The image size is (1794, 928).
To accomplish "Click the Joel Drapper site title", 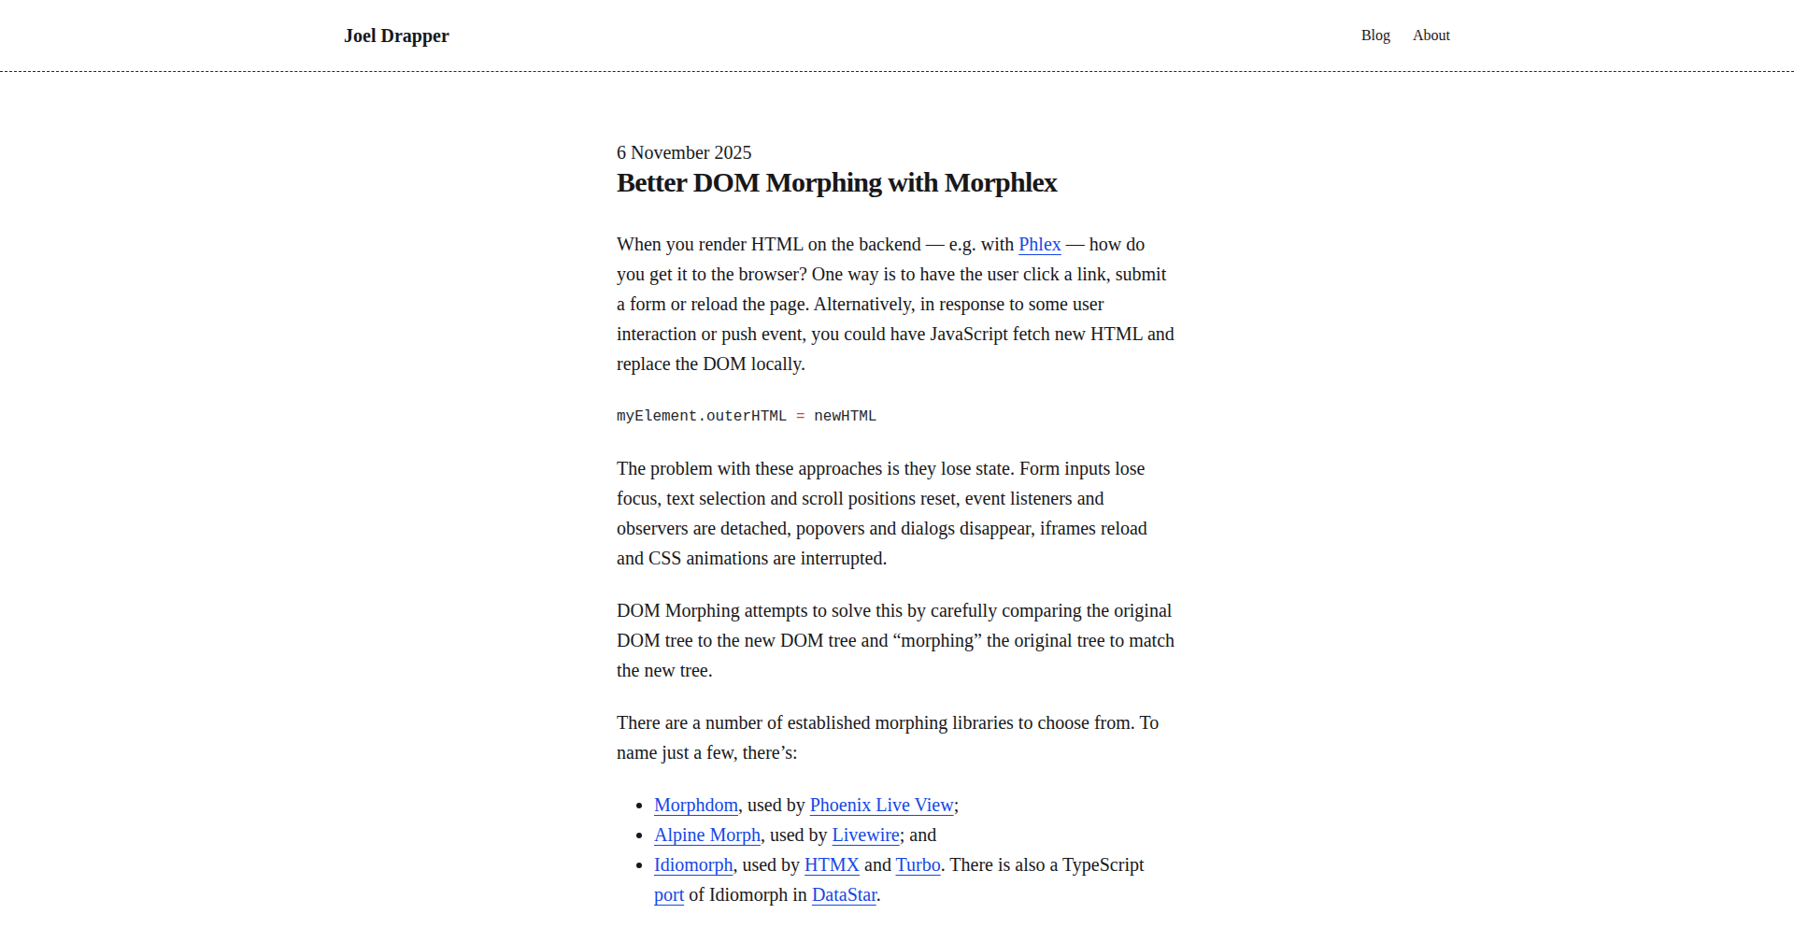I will coord(396,36).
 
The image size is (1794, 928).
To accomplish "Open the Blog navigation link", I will coord(1375,36).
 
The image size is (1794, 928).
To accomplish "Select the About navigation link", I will coord(1431,36).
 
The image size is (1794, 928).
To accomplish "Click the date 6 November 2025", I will coord(684,152).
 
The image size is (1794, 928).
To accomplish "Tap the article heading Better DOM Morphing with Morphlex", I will coord(836,183).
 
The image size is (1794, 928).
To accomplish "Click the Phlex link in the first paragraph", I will coord(1039,245).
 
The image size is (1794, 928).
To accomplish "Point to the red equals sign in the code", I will coord(801,416).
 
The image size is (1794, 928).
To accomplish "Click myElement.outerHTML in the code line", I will coord(701,416).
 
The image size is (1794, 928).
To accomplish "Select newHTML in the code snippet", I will coord(845,416).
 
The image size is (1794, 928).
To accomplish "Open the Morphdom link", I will coord(696,806).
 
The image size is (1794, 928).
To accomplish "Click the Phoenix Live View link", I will coord(881,806).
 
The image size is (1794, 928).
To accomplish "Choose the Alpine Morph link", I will coord(707,835).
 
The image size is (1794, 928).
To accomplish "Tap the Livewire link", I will coord(865,835).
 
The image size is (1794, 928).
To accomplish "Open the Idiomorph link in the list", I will coord(693,865).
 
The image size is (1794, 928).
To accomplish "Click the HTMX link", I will coord(832,865).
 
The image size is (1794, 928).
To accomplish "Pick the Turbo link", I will coord(918,865).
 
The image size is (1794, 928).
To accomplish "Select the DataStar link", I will coord(844,895).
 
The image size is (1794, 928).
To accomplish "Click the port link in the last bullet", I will coord(669,895).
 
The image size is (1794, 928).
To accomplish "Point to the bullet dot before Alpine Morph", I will coord(639,835).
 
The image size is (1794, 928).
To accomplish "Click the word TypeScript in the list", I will coord(1103,865).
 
